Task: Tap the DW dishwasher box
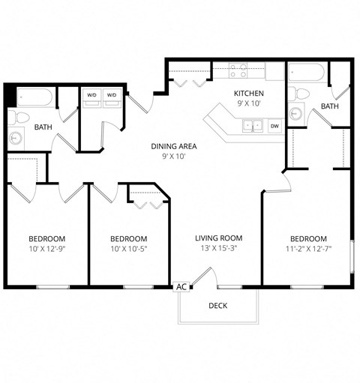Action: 274,126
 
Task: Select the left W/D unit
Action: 91,95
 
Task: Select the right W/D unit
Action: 112,95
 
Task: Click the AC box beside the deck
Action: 181,286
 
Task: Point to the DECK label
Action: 217,305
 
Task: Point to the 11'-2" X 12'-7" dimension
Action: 308,249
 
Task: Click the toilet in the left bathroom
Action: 21,117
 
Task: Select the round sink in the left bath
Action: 16,139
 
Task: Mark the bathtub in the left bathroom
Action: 34,97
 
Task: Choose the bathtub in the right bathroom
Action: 306,73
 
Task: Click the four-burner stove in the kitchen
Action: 238,72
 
